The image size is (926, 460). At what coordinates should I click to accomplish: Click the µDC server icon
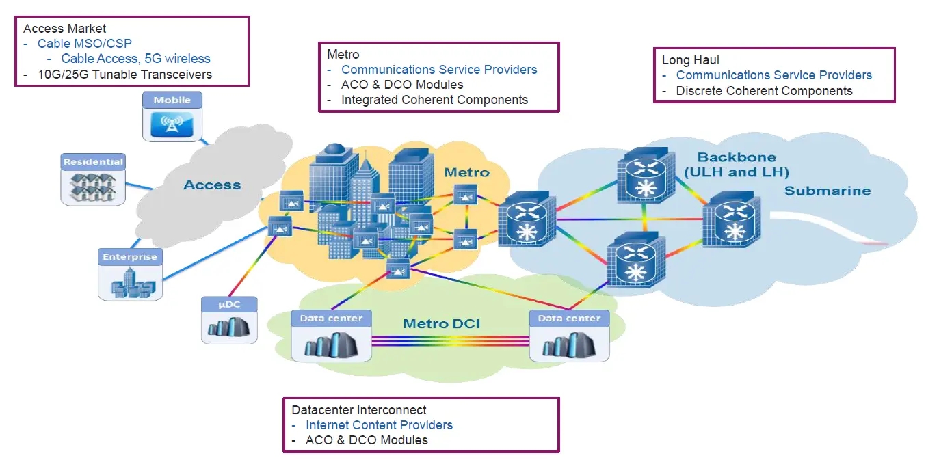tap(228, 327)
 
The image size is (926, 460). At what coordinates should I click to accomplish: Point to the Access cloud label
tap(212, 185)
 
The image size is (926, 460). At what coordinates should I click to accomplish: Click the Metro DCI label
tap(442, 323)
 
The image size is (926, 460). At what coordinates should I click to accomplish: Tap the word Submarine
tap(828, 191)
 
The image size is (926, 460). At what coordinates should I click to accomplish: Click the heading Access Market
tap(65, 29)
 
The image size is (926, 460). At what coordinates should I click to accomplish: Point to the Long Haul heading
tap(691, 60)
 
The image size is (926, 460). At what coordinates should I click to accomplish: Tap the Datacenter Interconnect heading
tap(359, 410)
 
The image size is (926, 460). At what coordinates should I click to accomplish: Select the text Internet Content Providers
tap(379, 425)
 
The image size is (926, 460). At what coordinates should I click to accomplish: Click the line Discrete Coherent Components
tap(764, 91)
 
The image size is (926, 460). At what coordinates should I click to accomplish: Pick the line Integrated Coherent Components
tap(434, 100)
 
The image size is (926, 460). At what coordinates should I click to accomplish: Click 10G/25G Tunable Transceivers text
tap(124, 75)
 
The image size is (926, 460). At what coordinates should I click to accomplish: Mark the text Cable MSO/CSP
tap(85, 44)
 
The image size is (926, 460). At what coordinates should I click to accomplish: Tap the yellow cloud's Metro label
tap(467, 172)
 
